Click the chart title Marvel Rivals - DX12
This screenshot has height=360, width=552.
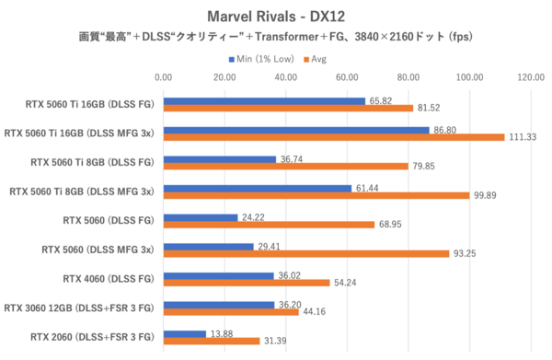275,16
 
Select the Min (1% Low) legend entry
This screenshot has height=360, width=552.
263,59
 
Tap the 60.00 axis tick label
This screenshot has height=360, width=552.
347,78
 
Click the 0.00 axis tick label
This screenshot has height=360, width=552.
164,78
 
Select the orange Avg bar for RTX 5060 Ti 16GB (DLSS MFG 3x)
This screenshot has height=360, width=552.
334,137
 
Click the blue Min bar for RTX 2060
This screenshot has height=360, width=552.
185,332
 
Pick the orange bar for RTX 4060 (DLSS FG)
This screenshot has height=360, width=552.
247,283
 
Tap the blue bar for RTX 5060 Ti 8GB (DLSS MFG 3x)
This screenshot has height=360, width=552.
258,187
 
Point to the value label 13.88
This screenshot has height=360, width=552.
222,332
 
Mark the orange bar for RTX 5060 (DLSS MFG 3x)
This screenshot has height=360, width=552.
306,254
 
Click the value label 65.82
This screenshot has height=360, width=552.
381,100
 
